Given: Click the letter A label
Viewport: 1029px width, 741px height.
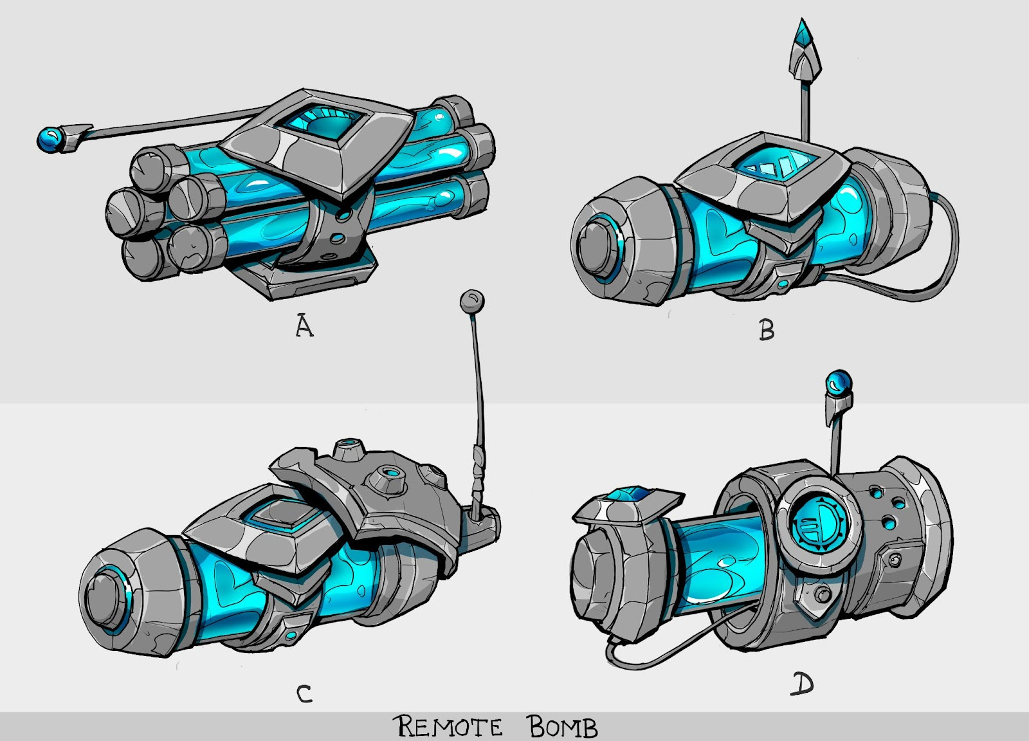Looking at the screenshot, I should (x=304, y=326).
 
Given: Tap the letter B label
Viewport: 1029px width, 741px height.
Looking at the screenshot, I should (x=766, y=330).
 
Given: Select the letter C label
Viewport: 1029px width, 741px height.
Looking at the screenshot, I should (x=304, y=694).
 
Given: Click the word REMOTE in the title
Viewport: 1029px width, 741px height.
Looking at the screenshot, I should (x=448, y=727).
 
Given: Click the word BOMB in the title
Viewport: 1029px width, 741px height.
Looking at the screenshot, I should (x=563, y=727).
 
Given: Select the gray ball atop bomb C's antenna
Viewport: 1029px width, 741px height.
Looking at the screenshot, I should (x=472, y=301).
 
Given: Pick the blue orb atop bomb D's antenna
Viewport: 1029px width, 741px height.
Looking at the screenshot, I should (x=839, y=381).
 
